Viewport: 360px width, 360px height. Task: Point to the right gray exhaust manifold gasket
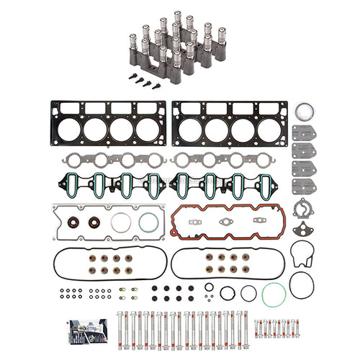[229, 160]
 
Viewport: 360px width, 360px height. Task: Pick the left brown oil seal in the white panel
[74, 223]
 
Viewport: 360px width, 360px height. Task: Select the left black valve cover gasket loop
[108, 264]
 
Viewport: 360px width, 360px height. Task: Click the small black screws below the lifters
[145, 84]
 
